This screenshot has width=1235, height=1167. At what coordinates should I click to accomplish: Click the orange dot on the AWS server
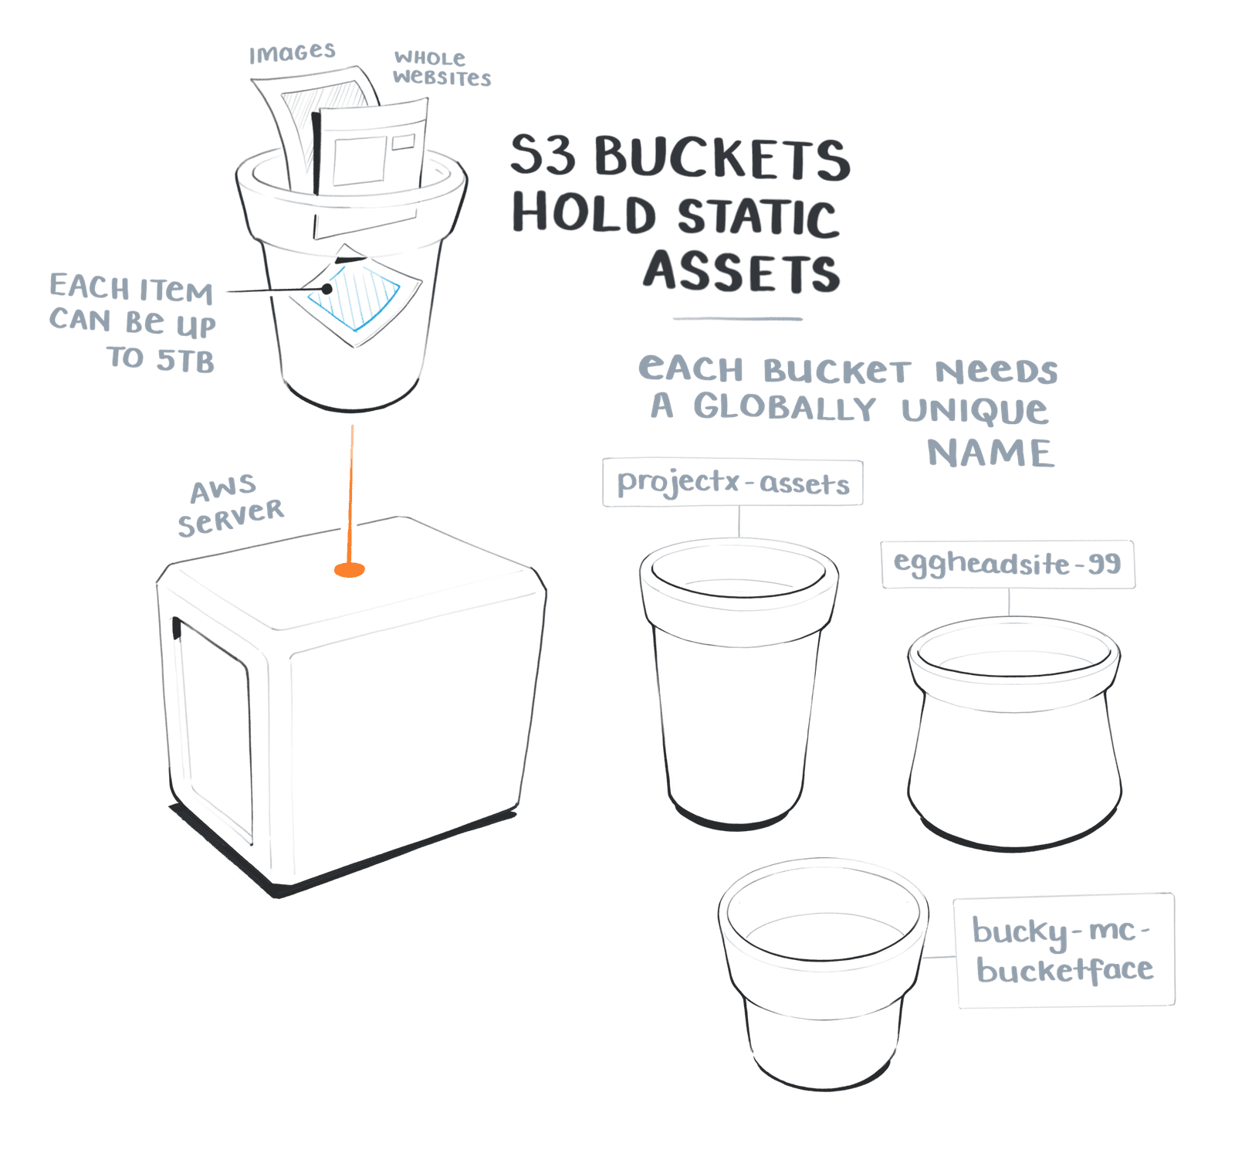coord(349,570)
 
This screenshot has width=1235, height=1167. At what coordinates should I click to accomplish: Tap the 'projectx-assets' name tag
coord(733,483)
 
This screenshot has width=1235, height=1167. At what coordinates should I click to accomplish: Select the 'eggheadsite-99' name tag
coord(1008,564)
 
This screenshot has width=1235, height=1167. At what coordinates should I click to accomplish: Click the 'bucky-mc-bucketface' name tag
coord(1064,950)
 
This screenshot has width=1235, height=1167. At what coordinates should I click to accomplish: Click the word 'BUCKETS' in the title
coord(722,158)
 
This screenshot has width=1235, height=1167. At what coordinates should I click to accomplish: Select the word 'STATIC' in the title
coord(757,217)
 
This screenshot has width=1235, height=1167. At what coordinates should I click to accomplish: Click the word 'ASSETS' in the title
coord(741,272)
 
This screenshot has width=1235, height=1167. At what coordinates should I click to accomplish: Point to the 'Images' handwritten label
coord(292,53)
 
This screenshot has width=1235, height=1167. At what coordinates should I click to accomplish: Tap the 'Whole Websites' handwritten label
coord(441,68)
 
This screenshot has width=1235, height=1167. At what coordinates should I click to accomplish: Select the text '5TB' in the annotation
coord(185,361)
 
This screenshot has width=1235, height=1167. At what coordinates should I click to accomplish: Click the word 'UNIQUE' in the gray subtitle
coord(975,410)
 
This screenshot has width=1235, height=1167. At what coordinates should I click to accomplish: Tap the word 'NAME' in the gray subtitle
coord(990,453)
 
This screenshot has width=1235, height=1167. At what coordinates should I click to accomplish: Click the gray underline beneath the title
coord(737,318)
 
